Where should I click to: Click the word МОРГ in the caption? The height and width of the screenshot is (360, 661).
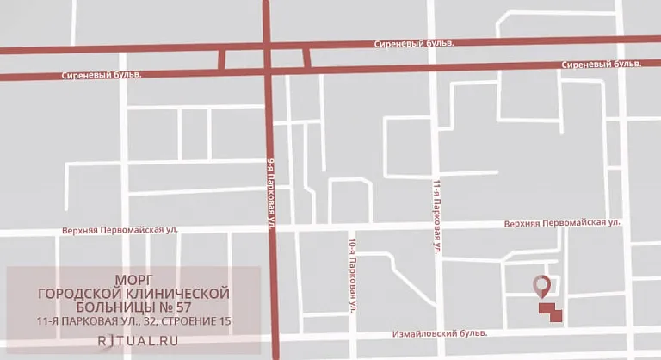pyautogui.click(x=134, y=280)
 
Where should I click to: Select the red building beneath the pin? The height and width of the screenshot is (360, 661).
pyautogui.click(x=550, y=312)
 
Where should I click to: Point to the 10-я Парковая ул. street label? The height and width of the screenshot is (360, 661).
pyautogui.click(x=353, y=273)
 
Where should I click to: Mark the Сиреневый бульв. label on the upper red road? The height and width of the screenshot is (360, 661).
pyautogui.click(x=414, y=43)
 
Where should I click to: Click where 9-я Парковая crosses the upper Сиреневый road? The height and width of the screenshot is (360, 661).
pyautogui.click(x=268, y=48)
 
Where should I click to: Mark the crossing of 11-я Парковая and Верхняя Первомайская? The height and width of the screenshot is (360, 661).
pyautogui.click(x=435, y=226)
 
